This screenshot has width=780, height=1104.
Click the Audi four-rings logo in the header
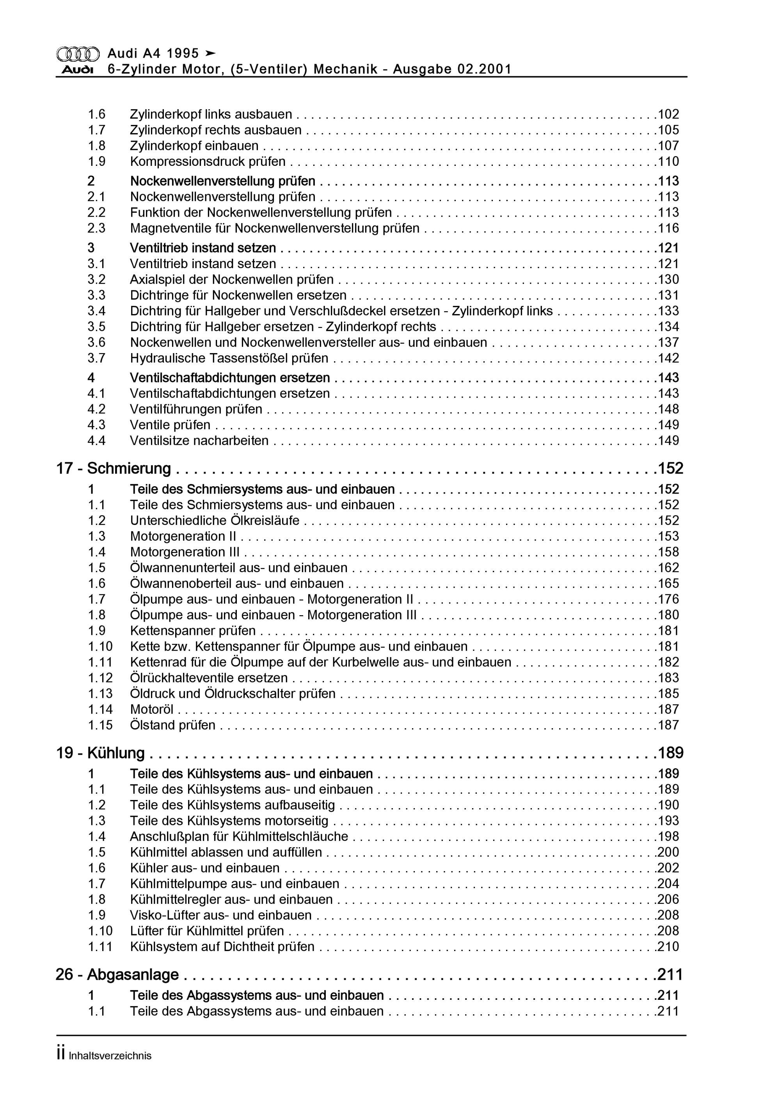pyautogui.click(x=78, y=54)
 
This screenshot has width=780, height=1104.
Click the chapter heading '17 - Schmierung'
pyautogui.click(x=114, y=468)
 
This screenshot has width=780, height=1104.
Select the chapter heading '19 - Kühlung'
pyautogui.click(x=101, y=753)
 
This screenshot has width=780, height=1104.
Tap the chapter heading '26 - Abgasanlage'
pyautogui.click(x=117, y=975)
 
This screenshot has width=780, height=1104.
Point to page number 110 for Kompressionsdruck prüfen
pyautogui.click(x=668, y=162)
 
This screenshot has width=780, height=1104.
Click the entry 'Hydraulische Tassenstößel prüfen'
pyautogui.click(x=229, y=358)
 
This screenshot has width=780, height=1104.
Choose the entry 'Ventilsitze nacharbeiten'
pyautogui.click(x=199, y=441)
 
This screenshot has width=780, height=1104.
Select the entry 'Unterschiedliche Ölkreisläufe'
pyautogui.click(x=215, y=520)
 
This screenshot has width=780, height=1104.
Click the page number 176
pyautogui.click(x=668, y=599)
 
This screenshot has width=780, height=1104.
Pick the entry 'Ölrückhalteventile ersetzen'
pyautogui.click(x=209, y=678)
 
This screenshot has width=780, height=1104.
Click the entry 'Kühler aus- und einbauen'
pyautogui.click(x=204, y=868)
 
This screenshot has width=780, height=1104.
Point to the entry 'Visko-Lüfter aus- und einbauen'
pyautogui.click(x=221, y=915)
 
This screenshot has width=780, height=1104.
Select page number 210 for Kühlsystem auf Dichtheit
pyautogui.click(x=668, y=947)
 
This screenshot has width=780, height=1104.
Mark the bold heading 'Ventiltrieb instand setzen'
pyautogui.click(x=203, y=248)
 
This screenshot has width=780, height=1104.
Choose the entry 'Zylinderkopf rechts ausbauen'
pyautogui.click(x=215, y=130)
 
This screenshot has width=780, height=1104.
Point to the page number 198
pyautogui.click(x=668, y=837)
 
